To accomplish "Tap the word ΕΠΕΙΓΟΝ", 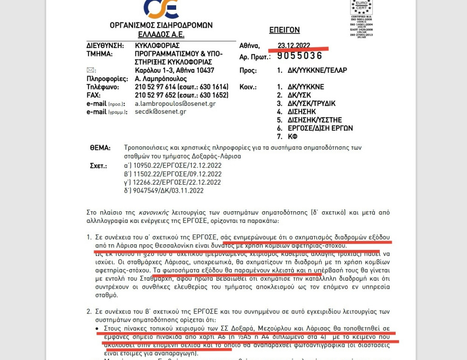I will click(x=284, y=30).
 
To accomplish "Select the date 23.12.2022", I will click(x=294, y=46).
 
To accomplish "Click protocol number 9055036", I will click(x=300, y=56).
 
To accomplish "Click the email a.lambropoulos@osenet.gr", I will click(x=175, y=104).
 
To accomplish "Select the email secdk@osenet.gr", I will click(x=160, y=112).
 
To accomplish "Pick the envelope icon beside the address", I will click(x=90, y=70).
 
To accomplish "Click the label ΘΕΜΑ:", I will click(x=100, y=148).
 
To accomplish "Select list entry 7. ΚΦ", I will click(x=287, y=137).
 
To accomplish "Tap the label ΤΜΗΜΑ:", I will click(x=100, y=54).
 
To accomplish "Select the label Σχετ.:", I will click(x=98, y=166).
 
